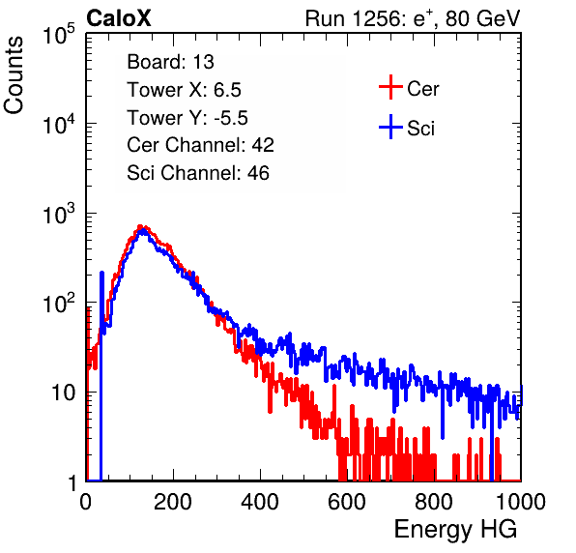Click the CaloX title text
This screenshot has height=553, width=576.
click(x=118, y=18)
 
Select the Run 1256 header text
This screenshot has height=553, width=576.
click(x=413, y=18)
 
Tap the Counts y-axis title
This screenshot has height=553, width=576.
click(x=14, y=75)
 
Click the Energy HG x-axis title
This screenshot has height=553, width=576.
click(x=455, y=530)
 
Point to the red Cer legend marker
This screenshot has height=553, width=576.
click(x=390, y=87)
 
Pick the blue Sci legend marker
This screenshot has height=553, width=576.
click(x=390, y=127)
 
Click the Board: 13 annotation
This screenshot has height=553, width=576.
click(x=170, y=62)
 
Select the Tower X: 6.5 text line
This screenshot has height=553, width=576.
click(x=184, y=90)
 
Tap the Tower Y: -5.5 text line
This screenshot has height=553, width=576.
click(x=187, y=118)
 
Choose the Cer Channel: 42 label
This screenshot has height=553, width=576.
click(x=201, y=145)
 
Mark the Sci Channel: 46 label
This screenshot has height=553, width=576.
click(x=198, y=173)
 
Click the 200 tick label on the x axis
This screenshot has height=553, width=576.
click(x=173, y=502)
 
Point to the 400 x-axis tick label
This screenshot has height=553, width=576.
click(x=260, y=502)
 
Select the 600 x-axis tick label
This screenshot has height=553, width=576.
click(x=347, y=502)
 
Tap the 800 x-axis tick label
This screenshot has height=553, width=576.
click(x=434, y=502)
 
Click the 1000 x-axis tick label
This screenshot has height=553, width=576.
click(x=521, y=502)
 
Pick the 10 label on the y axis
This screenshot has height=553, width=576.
click(x=63, y=393)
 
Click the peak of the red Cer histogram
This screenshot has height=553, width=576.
click(x=140, y=226)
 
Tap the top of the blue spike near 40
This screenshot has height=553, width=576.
click(x=101, y=273)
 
